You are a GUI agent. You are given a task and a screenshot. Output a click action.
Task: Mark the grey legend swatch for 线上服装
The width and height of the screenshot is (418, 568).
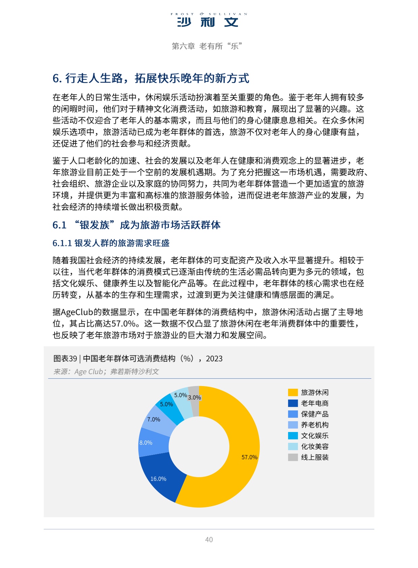pos(293,457)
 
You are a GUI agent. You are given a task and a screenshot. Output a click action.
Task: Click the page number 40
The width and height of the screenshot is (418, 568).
pos(209,540)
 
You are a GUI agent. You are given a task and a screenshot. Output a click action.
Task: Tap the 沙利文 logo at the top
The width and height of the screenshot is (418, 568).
pos(208,20)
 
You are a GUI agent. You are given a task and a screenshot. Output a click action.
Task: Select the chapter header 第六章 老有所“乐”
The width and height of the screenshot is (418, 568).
pos(207,46)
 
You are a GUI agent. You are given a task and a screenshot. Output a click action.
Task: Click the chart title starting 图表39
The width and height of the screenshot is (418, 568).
pos(138,358)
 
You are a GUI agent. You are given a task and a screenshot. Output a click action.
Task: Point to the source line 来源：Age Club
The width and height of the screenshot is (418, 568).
pos(106,372)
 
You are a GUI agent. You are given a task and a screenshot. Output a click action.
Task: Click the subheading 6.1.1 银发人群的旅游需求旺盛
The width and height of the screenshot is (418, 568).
pos(111,243)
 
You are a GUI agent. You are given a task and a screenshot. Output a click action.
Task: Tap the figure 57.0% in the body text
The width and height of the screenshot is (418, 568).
pos(123,324)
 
